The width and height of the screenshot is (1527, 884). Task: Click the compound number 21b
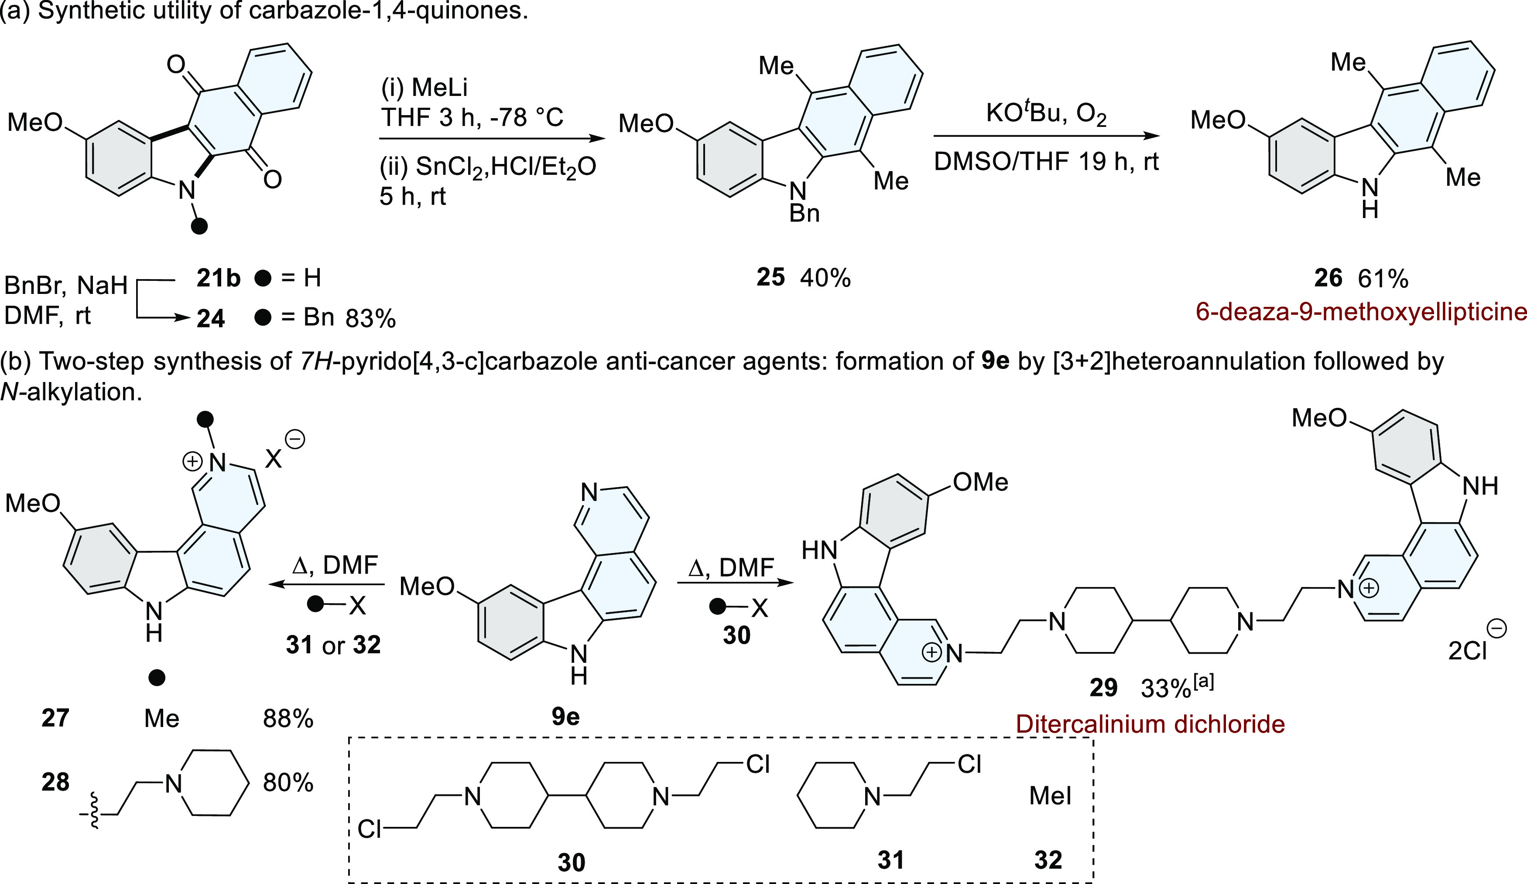[218, 278]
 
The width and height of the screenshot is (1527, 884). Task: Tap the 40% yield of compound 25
[825, 278]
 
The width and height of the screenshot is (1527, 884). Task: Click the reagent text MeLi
[439, 88]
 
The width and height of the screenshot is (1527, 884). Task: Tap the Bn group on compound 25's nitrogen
[804, 213]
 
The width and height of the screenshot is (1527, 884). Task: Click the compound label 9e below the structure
[565, 717]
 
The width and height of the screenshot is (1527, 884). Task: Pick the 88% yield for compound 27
[288, 719]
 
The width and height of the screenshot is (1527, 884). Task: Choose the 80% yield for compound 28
[288, 783]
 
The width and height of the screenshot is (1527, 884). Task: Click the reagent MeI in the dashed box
[1050, 795]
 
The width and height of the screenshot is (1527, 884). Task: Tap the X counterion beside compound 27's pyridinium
[273, 459]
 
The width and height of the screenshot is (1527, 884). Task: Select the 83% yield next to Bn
[370, 319]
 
